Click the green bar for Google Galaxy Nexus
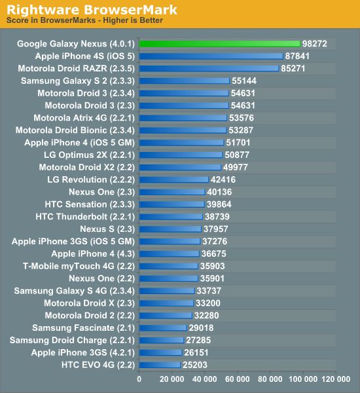pos(219,44)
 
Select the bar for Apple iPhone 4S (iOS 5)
pos(211,56)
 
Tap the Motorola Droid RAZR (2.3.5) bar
pos(209,68)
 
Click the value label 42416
pos(223,179)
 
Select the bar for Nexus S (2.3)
pos(170,229)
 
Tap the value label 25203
pos(195,364)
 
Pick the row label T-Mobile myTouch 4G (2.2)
pos(79,266)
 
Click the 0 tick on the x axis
pos(139,379)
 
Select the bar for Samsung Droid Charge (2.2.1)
pos(162,340)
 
